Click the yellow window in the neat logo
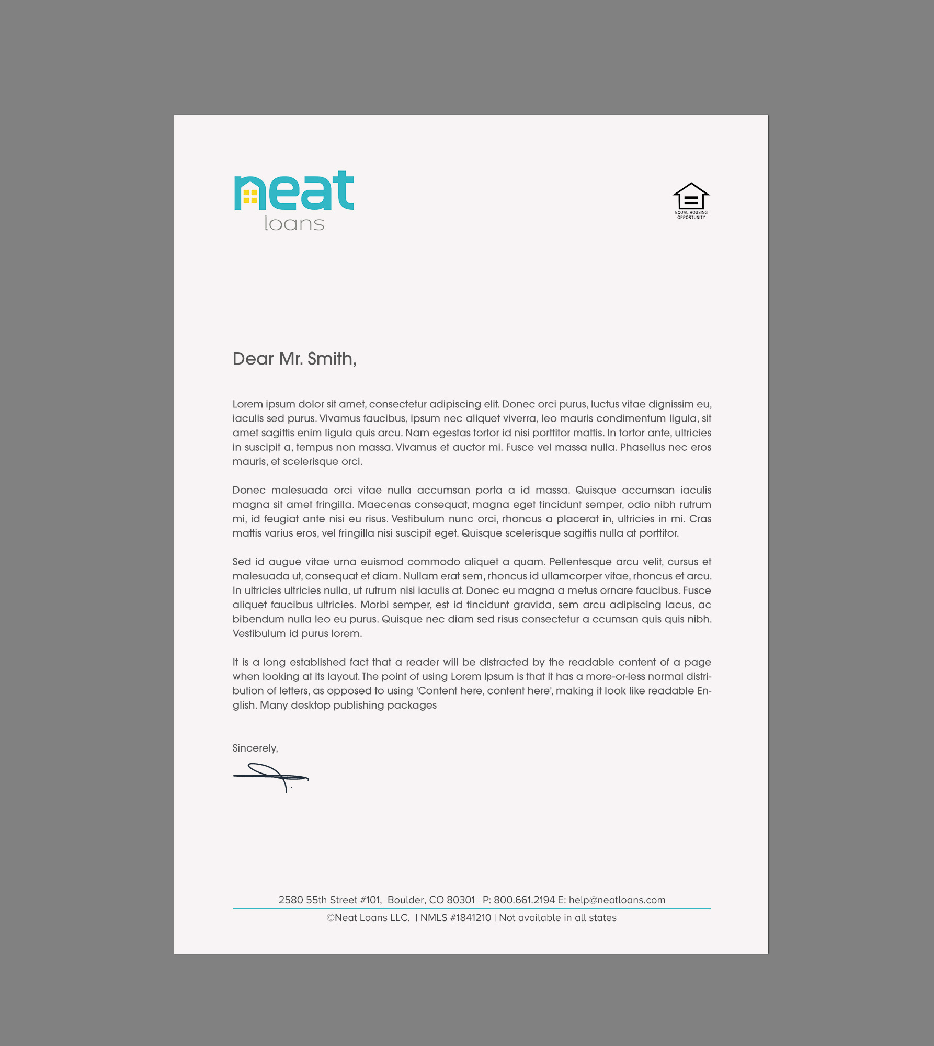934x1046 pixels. pyautogui.click(x=250, y=196)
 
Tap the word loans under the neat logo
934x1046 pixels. pyautogui.click(x=294, y=224)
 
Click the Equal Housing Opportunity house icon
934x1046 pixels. pyautogui.click(x=691, y=197)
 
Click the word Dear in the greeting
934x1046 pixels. pyautogui.click(x=253, y=359)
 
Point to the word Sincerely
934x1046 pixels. pyautogui.click(x=255, y=748)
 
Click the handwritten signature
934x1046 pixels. pyautogui.click(x=271, y=777)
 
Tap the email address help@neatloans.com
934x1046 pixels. pyautogui.click(x=617, y=900)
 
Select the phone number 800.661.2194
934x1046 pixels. pyautogui.click(x=524, y=900)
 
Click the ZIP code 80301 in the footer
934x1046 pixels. pyautogui.click(x=461, y=900)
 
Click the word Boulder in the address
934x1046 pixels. pyautogui.click(x=405, y=900)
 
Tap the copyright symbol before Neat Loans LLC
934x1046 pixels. pyautogui.click(x=331, y=918)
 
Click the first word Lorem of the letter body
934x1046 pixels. pyautogui.click(x=247, y=404)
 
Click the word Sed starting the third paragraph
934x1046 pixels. pyautogui.click(x=242, y=562)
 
